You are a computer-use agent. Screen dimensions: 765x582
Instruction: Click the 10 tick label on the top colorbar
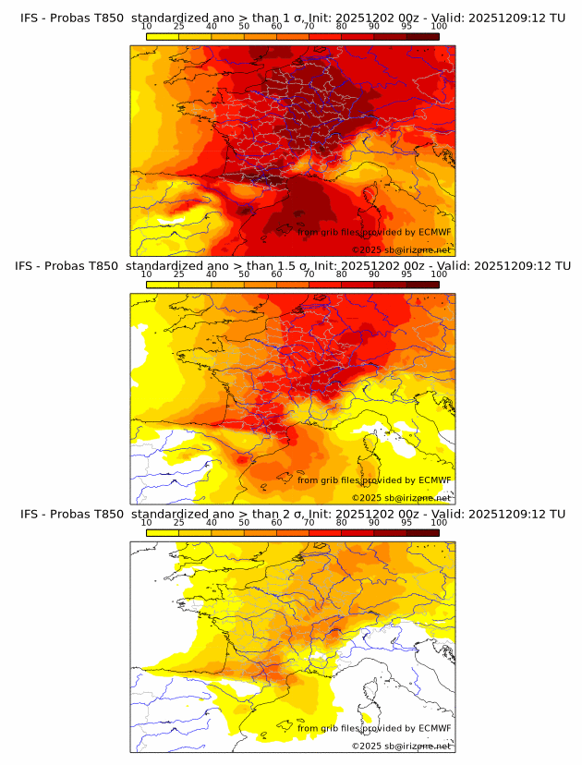click(146, 27)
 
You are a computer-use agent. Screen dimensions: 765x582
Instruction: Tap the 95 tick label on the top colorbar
click(406, 27)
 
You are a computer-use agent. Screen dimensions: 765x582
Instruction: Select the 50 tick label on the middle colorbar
click(244, 274)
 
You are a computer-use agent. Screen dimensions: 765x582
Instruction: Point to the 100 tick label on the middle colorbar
click(439, 274)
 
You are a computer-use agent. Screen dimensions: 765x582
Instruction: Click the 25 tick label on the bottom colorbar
click(178, 522)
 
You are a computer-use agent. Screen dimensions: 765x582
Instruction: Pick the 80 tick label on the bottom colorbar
click(342, 522)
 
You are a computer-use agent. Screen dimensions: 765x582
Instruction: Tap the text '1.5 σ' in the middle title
click(280, 265)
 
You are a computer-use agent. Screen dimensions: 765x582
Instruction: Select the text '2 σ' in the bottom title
click(282, 513)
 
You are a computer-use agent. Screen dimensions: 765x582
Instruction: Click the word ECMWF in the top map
click(434, 233)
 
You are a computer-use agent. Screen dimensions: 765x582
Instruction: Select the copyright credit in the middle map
click(401, 498)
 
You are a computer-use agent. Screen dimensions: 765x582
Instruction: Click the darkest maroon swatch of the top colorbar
click(423, 36)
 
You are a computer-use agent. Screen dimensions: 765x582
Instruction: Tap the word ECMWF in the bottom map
click(434, 728)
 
